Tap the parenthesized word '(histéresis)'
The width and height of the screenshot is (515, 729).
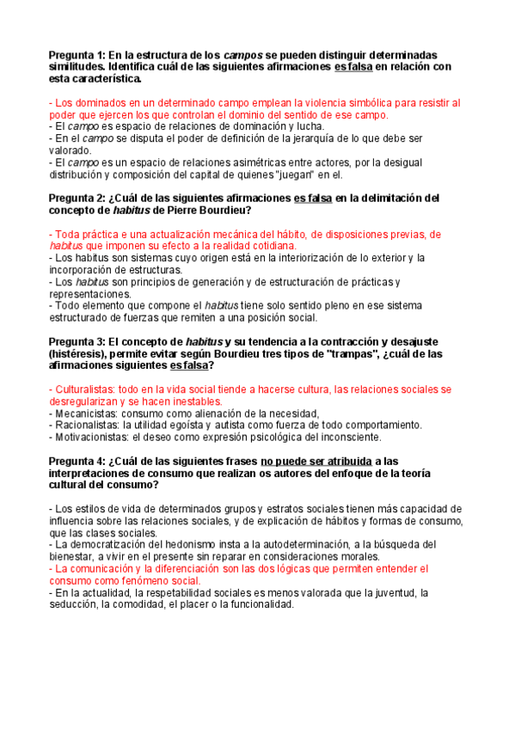click(x=82, y=353)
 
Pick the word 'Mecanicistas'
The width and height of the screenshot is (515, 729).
click(x=86, y=413)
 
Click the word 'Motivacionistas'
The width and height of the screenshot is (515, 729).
click(x=91, y=437)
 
